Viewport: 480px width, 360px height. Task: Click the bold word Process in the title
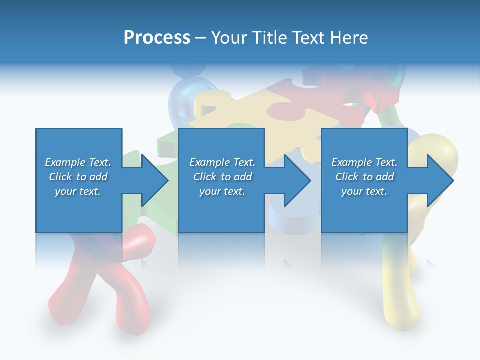157,38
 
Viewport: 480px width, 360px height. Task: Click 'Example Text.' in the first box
78,162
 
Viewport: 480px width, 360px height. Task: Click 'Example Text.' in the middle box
222,162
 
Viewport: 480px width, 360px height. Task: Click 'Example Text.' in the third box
364,162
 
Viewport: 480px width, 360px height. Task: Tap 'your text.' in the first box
78,191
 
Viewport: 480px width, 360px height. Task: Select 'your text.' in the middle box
222,191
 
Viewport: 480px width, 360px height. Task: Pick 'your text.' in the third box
364,191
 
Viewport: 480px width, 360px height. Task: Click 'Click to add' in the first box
78,177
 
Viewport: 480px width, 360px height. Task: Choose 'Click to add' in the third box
364,177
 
